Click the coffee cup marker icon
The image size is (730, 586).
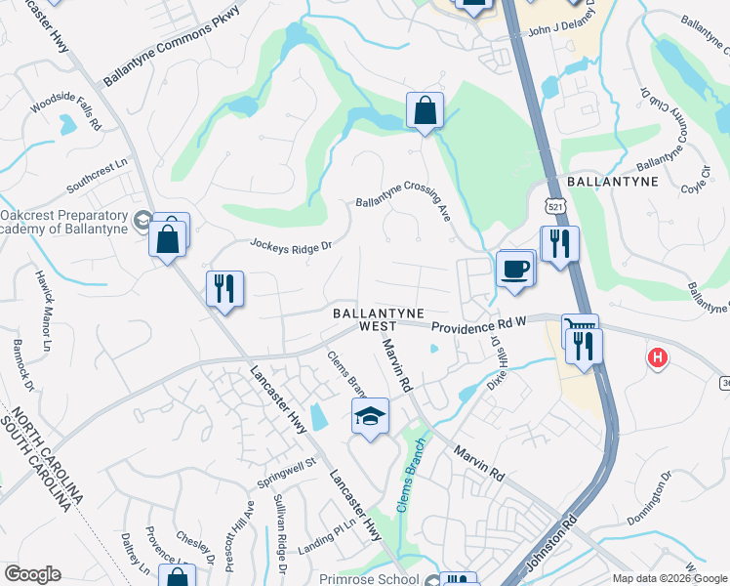[x=514, y=268]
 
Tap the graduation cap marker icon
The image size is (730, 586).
[x=370, y=416]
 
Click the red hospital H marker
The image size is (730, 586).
[x=658, y=358]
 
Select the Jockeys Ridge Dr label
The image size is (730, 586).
[x=292, y=244]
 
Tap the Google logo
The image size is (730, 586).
[x=32, y=573]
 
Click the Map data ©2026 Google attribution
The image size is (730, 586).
[x=669, y=578]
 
